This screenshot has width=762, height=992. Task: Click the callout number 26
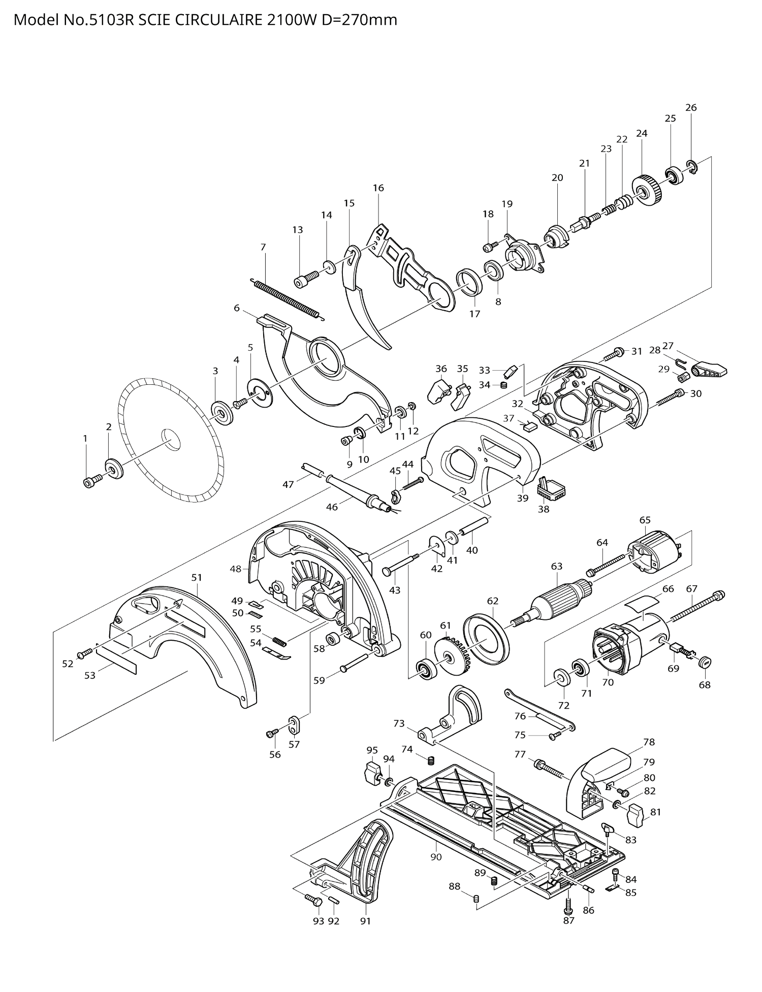click(690, 108)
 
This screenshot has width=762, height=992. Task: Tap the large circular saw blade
click(152, 432)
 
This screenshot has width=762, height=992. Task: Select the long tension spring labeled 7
click(287, 300)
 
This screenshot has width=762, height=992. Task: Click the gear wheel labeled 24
click(646, 190)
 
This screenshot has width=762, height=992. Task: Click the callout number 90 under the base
click(436, 857)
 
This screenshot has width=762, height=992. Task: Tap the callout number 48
click(235, 569)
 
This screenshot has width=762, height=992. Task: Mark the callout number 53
click(90, 675)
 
